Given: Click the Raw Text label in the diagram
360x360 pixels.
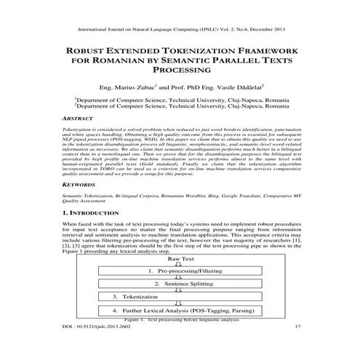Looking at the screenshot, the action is [x=182, y=259].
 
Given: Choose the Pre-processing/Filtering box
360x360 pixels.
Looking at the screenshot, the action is [x=182, y=271].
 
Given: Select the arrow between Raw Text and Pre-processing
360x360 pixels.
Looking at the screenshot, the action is [x=182, y=265].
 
